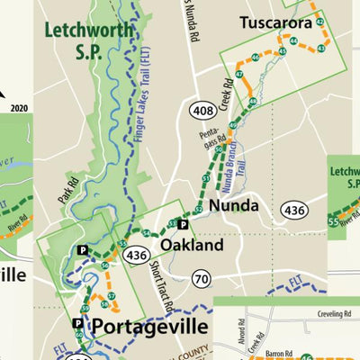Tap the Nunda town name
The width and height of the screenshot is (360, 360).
(235, 206)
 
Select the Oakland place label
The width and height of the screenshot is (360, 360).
(192, 245)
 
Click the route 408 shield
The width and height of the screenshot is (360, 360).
(200, 110)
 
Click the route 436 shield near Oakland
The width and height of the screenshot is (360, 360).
(137, 256)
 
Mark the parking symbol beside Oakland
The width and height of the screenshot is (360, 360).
(184, 224)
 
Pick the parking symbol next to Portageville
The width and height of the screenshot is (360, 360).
(77, 323)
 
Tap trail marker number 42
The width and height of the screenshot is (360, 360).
(319, 21)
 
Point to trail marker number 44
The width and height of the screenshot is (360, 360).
(293, 41)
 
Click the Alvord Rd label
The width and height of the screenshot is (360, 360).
(232, 333)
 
